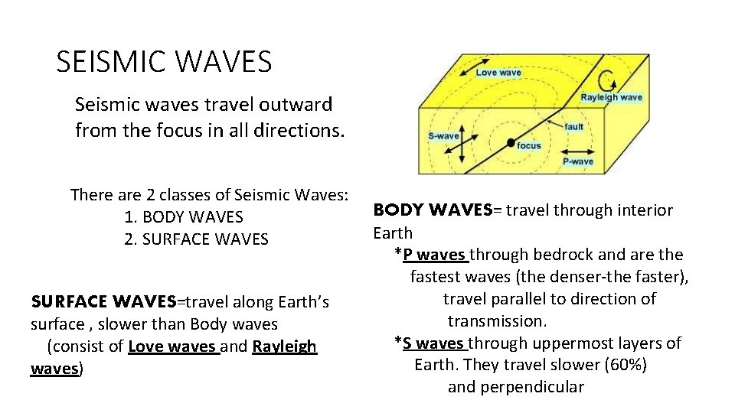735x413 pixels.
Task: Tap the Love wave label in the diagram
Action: pyautogui.click(x=498, y=73)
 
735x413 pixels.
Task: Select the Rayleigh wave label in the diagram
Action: pyautogui.click(x=611, y=98)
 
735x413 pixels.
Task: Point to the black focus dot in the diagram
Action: pyautogui.click(x=511, y=142)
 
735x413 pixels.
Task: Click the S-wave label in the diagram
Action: pyautogui.click(x=443, y=136)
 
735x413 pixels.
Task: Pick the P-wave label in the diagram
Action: pyautogui.click(x=578, y=162)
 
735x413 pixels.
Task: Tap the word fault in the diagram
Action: pyautogui.click(x=573, y=126)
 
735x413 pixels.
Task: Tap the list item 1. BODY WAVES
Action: pyautogui.click(x=183, y=217)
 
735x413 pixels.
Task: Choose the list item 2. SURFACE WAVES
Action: pyautogui.click(x=196, y=239)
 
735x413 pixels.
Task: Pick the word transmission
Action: pyautogui.click(x=495, y=320)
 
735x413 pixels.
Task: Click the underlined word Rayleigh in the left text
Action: pyautogui.click(x=284, y=347)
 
